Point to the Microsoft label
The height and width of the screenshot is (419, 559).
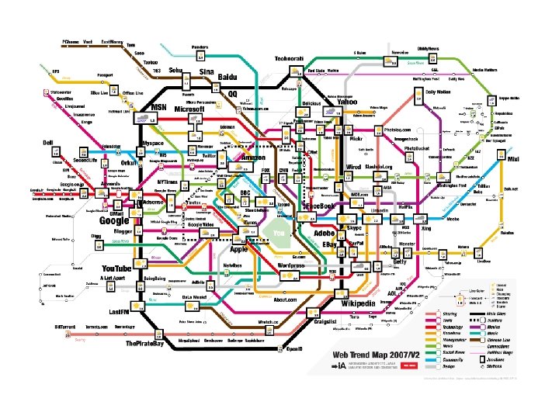point(189,110)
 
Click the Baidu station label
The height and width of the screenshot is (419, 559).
point(227,79)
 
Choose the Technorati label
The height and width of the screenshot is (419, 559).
point(292,59)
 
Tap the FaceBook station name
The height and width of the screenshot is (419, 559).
point(319,206)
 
